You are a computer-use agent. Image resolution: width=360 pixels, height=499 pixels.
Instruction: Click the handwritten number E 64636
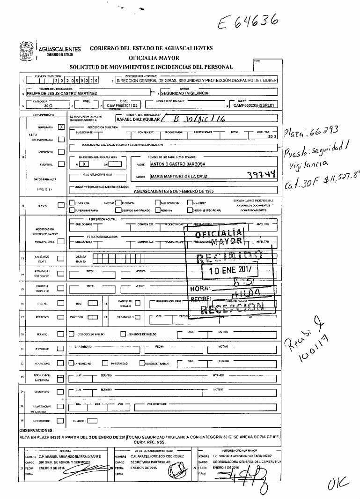click(250, 20)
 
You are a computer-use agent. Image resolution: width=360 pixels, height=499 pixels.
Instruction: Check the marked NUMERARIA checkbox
click(61, 127)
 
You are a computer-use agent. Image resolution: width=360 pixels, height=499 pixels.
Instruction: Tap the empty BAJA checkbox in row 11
click(60, 205)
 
